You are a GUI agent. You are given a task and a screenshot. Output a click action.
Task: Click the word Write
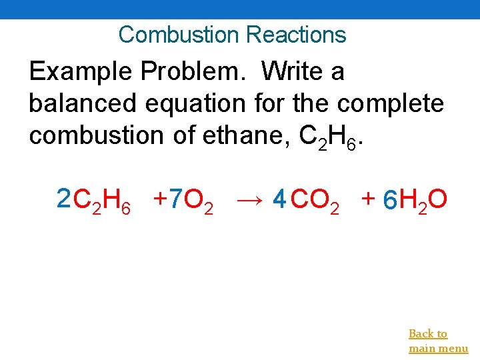click(x=291, y=71)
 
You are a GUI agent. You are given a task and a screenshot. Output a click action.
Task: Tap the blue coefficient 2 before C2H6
click(x=63, y=198)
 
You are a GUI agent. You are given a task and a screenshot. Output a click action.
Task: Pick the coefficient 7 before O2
click(x=175, y=198)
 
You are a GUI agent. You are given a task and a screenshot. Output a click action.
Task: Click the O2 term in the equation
click(x=199, y=200)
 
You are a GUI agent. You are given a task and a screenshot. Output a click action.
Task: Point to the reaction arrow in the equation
click(x=250, y=199)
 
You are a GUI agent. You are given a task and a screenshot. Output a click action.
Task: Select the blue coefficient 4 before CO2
click(x=280, y=199)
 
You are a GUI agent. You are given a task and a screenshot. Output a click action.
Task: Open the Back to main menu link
click(x=437, y=341)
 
